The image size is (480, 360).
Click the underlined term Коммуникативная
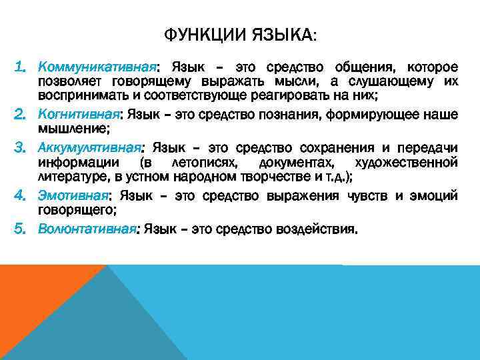coord(97,68)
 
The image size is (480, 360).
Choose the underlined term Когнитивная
coord(80,115)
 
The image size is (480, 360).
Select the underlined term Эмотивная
coord(73,196)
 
